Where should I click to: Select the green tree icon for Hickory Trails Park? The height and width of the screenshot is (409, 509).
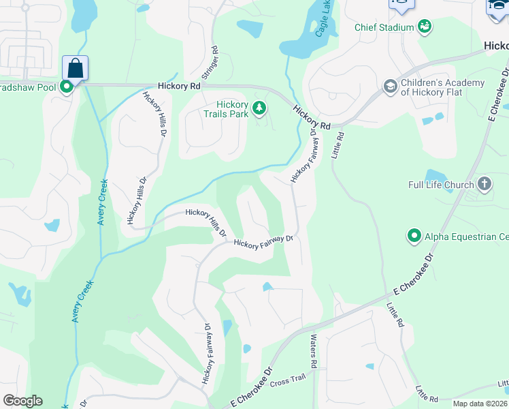coord(259,108)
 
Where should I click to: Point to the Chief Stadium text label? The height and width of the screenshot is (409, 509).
coord(384,27)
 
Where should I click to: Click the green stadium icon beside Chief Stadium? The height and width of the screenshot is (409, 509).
coord(425,27)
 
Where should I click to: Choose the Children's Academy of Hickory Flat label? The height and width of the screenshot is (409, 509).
coord(442,88)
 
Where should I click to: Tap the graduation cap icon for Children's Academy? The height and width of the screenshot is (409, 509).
coord(391,86)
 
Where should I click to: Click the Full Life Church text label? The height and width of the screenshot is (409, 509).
coord(441,185)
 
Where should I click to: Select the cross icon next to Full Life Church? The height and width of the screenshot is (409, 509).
coord(484,183)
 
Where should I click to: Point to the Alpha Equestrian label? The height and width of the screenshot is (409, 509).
coord(466,237)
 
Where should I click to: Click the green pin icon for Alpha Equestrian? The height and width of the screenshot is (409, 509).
coord(414,236)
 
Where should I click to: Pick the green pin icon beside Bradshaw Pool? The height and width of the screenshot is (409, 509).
coord(67,87)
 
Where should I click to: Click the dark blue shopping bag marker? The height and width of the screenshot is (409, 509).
coord(76,69)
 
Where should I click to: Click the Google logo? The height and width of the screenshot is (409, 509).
coord(22,401)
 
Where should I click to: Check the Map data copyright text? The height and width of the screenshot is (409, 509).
coord(479,404)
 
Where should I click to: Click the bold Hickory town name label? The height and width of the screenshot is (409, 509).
coord(496,46)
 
